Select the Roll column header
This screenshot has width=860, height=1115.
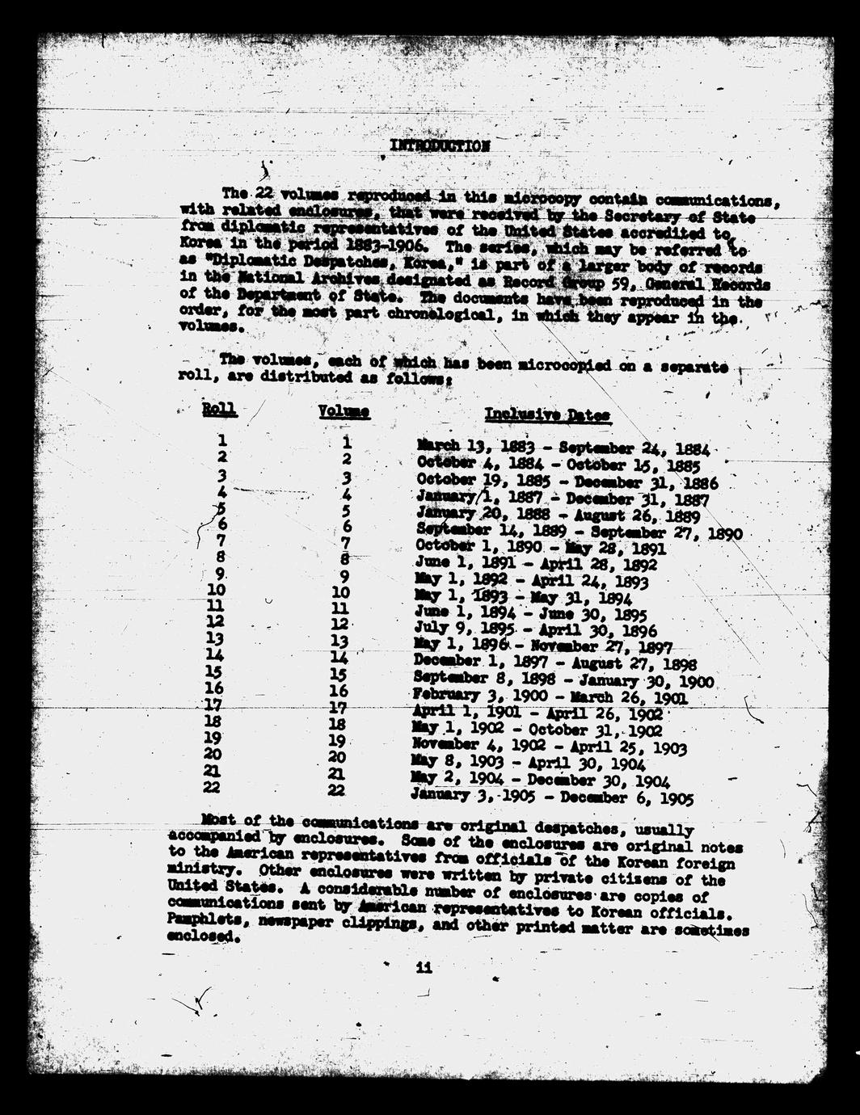219,410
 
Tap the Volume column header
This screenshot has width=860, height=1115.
344,412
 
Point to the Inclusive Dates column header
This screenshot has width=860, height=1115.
547,415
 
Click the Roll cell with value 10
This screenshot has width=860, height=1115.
217,591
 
